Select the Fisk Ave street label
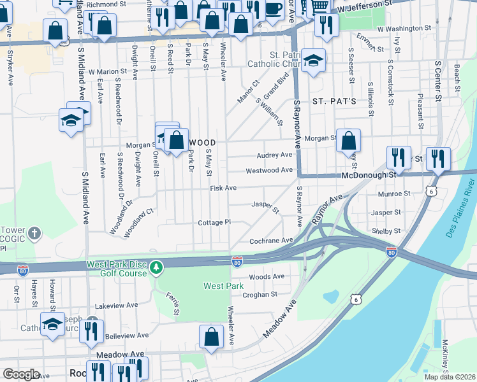tap(223, 188)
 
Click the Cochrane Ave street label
tap(271, 241)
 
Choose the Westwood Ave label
tap(269, 171)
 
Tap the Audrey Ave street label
tap(274, 155)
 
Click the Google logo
tap(22, 374)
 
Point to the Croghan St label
tap(260, 295)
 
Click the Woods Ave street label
tap(267, 277)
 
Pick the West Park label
tap(224, 286)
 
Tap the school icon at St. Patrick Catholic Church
tap(313, 62)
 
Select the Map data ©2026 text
tap(449, 377)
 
